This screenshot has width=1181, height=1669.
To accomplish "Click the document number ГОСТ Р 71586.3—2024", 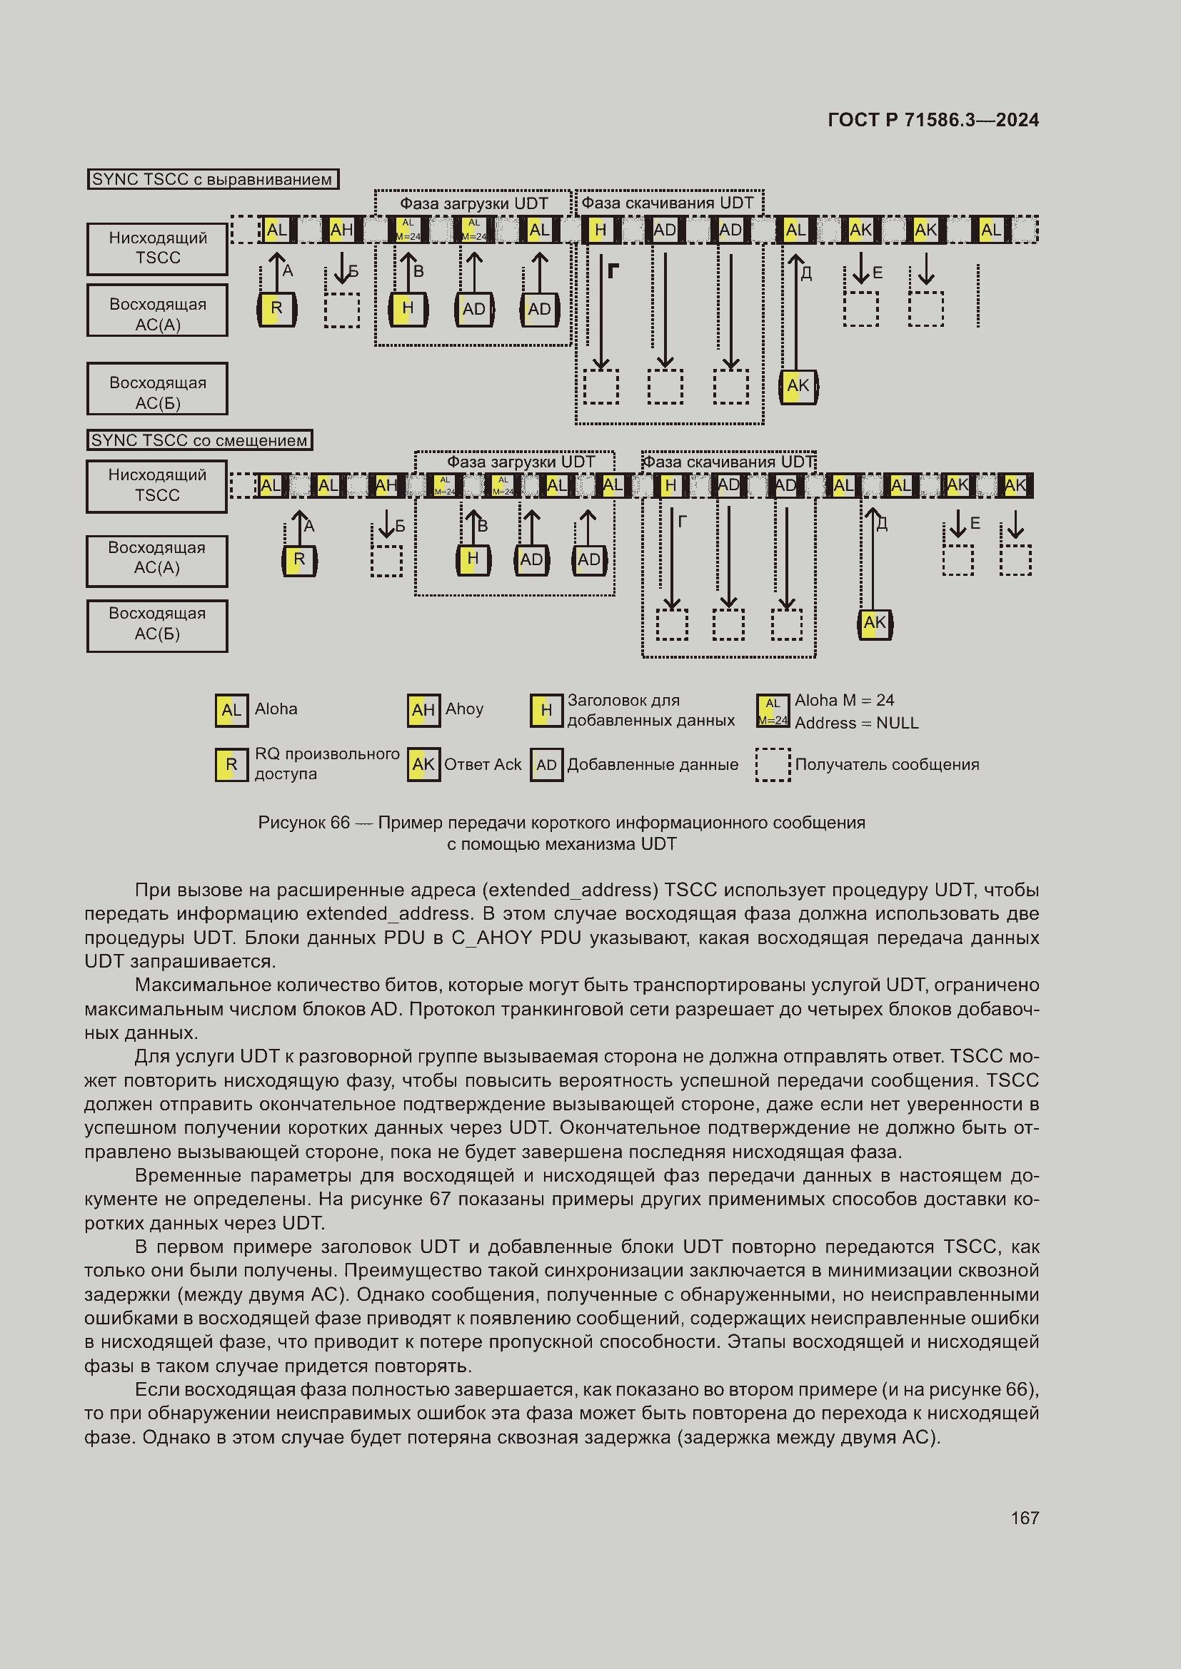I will click(933, 120).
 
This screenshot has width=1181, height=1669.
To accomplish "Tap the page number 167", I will click(1025, 1518).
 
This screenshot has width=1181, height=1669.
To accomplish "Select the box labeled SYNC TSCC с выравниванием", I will click(212, 179).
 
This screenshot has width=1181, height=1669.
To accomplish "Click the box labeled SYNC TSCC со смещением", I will click(199, 440).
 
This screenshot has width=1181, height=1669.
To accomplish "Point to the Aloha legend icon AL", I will click(231, 710).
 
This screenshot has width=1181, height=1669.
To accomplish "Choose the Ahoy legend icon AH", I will click(423, 710).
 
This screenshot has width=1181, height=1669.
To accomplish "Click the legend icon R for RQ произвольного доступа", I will click(231, 765).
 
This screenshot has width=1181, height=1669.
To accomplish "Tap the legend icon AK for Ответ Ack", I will click(423, 765).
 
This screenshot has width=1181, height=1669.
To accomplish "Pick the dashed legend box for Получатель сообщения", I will click(773, 765).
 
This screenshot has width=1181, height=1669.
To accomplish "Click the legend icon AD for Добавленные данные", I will click(546, 765).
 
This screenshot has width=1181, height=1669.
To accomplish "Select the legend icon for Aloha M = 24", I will click(773, 711).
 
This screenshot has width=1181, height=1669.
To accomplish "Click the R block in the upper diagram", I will click(276, 309).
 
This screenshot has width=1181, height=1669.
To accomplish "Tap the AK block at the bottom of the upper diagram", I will click(798, 386).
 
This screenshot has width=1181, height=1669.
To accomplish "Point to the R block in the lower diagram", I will click(299, 560).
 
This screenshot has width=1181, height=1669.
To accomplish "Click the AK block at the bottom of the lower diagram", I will click(875, 624).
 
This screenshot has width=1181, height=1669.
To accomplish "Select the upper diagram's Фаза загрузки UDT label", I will click(473, 203).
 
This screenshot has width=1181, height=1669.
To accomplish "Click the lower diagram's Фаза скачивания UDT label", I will click(729, 462).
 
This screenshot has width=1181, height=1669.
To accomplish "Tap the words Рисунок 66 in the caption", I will click(304, 823).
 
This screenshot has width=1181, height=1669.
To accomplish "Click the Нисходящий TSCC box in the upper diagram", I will click(157, 248).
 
